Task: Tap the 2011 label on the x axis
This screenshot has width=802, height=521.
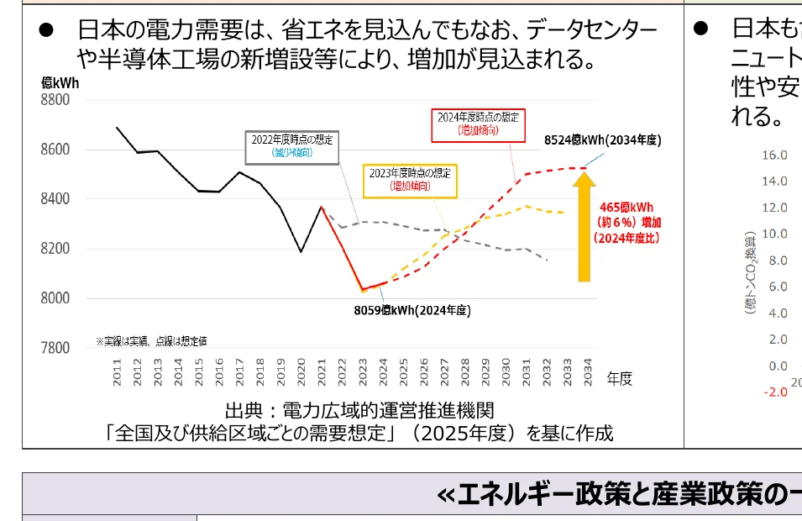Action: (x=117, y=372)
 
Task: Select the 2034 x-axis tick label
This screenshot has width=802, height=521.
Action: (x=587, y=372)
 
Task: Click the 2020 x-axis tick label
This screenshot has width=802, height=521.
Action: (x=301, y=372)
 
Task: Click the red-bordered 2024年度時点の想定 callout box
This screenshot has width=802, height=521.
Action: (x=477, y=124)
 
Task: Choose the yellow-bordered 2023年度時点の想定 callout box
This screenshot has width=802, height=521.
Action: (x=410, y=179)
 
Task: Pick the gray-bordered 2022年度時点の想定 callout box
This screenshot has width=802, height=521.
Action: (x=292, y=146)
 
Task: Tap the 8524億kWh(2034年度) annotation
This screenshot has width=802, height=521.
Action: (x=602, y=140)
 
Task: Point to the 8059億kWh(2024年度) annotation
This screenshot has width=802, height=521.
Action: (x=411, y=310)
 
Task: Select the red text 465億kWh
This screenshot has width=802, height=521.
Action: (x=626, y=208)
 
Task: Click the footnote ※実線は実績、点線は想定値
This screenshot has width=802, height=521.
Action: (x=151, y=341)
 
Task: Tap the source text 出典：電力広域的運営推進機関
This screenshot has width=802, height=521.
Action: (x=359, y=410)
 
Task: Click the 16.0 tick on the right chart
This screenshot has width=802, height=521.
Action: (x=774, y=155)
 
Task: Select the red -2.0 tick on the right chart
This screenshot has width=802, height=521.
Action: (x=774, y=392)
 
